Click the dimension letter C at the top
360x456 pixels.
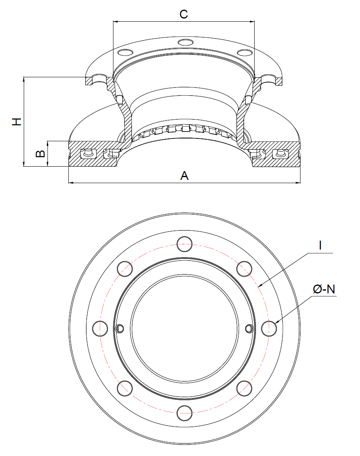184,14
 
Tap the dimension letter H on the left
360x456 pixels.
16,122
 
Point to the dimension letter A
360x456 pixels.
184,175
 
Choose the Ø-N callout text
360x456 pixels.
324,289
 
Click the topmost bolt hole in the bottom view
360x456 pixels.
184,243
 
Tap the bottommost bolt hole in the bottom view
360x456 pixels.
184,413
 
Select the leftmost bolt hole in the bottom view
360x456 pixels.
99,328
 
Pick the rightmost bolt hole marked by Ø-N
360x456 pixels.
269,328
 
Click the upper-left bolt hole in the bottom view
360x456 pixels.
124,268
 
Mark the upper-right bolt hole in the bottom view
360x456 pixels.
244,268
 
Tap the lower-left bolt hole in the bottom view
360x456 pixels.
124,388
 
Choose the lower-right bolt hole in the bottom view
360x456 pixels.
244,388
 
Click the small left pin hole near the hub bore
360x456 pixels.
119,329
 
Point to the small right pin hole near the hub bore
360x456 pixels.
249,329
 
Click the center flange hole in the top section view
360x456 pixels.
185,43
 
